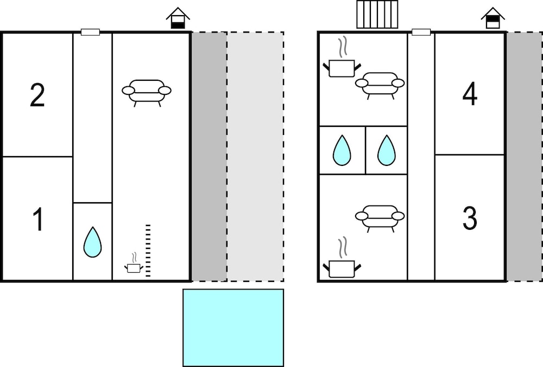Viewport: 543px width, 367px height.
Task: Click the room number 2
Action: click(x=37, y=95)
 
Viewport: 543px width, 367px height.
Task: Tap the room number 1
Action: click(x=38, y=219)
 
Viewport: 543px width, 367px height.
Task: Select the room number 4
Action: click(x=470, y=94)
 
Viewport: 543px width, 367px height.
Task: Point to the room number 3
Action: click(x=470, y=218)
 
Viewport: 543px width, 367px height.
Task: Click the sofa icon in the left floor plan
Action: click(x=147, y=93)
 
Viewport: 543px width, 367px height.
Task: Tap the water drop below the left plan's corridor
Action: click(x=92, y=242)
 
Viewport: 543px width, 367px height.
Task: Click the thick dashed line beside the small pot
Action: click(x=148, y=250)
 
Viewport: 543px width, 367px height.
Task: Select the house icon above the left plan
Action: click(x=178, y=18)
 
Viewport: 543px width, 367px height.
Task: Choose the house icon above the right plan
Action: click(x=493, y=18)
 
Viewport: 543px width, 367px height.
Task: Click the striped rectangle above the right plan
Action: click(x=377, y=14)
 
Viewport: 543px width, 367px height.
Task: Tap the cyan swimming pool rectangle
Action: click(x=233, y=327)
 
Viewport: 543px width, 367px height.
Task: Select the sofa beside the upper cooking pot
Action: click(x=380, y=85)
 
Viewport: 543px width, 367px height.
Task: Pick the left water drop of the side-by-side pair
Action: click(x=342, y=150)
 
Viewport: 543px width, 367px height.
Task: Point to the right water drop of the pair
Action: click(x=387, y=150)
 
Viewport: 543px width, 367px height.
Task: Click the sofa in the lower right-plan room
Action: click(x=380, y=218)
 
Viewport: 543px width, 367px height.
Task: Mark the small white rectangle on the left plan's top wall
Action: click(x=90, y=32)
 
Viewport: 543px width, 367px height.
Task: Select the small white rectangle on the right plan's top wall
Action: click(x=421, y=32)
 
